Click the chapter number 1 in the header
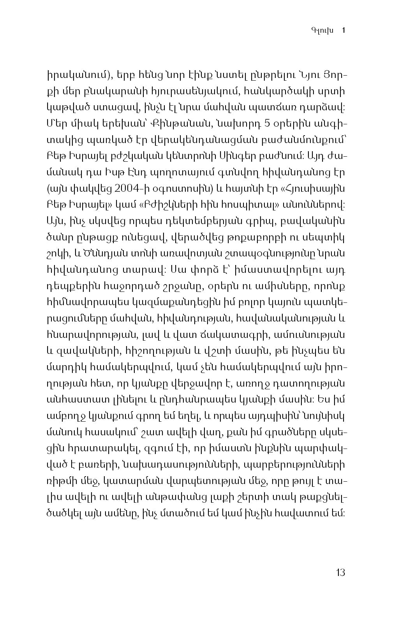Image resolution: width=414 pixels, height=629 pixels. coord(343,30)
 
